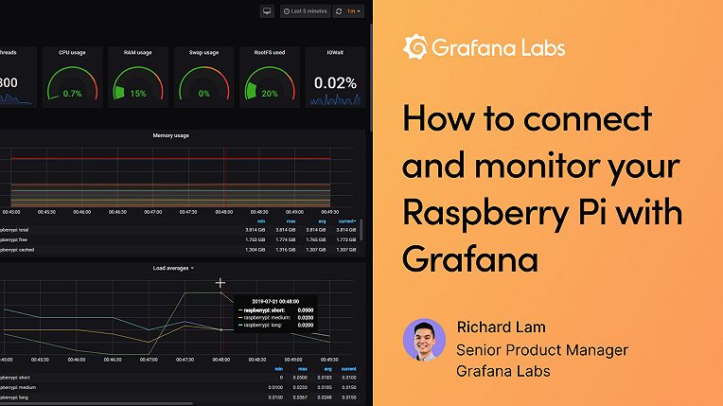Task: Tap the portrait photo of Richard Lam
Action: [424, 339]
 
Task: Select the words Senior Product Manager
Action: [541, 350]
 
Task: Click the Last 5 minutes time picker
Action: [305, 11]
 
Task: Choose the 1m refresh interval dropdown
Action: [353, 11]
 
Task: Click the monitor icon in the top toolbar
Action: [267, 11]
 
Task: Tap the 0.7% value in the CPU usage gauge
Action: [72, 94]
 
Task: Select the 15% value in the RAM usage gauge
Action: [138, 94]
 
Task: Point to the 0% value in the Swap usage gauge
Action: [204, 94]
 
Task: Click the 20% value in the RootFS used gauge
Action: [270, 94]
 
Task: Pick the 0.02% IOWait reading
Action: [335, 83]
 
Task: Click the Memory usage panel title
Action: [170, 135]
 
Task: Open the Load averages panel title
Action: [170, 268]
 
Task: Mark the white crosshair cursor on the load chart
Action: [220, 283]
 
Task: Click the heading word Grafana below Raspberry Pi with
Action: [467, 256]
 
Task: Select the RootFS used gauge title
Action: [270, 52]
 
